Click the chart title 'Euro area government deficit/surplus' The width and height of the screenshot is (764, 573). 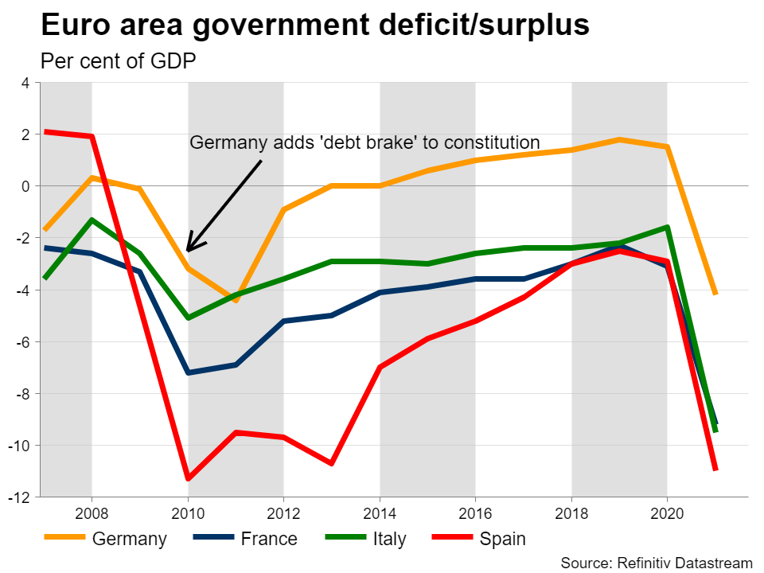pyautogui.click(x=314, y=25)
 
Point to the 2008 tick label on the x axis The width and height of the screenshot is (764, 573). pyautogui.click(x=92, y=512)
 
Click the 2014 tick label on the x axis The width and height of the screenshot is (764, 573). pyautogui.click(x=380, y=512)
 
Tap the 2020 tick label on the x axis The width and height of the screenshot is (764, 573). pyautogui.click(x=667, y=512)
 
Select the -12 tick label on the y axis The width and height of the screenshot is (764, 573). pyautogui.click(x=19, y=497)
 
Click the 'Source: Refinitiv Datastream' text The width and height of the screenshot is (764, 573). pyautogui.click(x=657, y=563)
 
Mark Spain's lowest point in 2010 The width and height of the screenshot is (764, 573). pyautogui.click(x=188, y=478)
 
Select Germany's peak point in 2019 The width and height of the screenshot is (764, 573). pyautogui.click(x=619, y=140)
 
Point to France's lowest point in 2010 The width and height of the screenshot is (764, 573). pyautogui.click(x=188, y=372)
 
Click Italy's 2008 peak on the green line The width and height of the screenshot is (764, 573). pyautogui.click(x=92, y=220)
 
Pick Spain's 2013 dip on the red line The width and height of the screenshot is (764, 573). pyautogui.click(x=331, y=463)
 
